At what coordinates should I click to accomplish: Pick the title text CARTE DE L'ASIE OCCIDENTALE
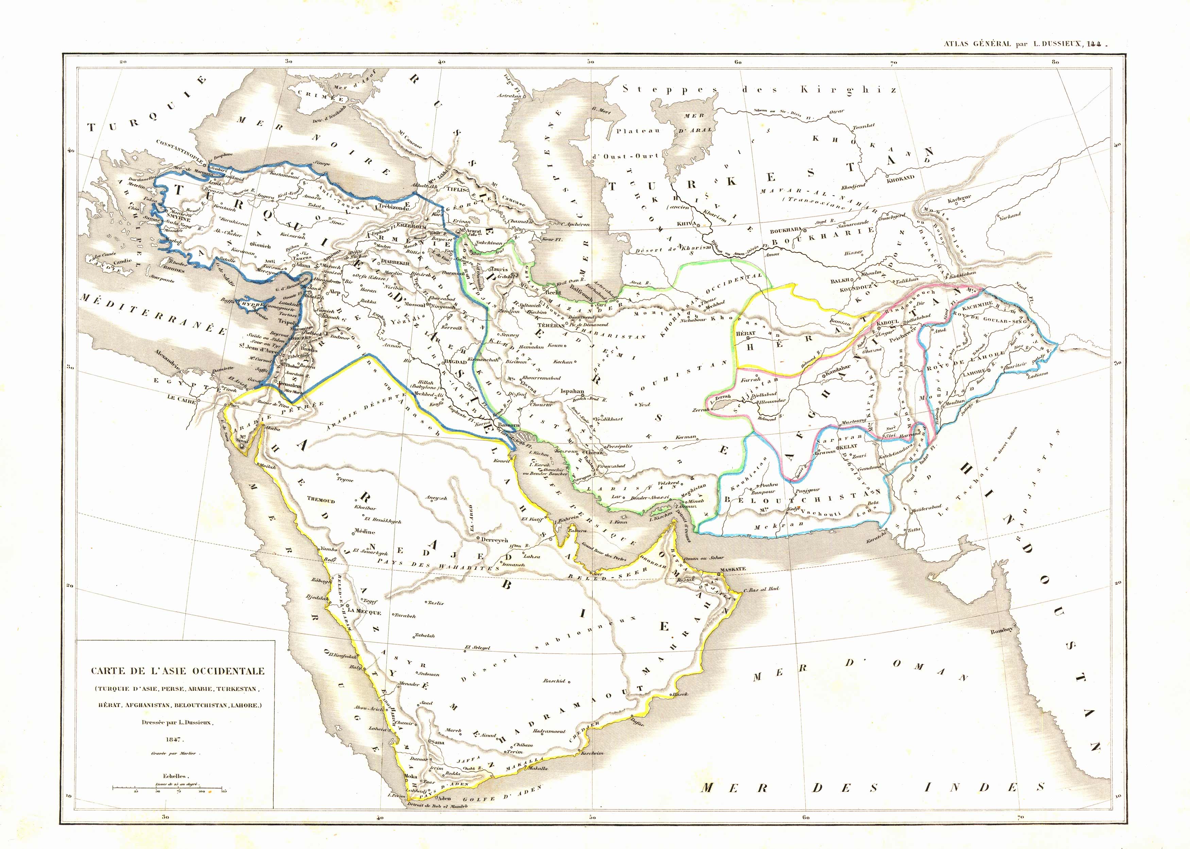[178, 671]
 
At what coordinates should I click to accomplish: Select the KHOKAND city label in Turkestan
[900, 178]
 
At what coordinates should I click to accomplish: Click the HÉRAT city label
[746, 333]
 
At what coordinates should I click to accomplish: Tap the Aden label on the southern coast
[444, 799]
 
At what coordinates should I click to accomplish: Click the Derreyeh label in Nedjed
[494, 540]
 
